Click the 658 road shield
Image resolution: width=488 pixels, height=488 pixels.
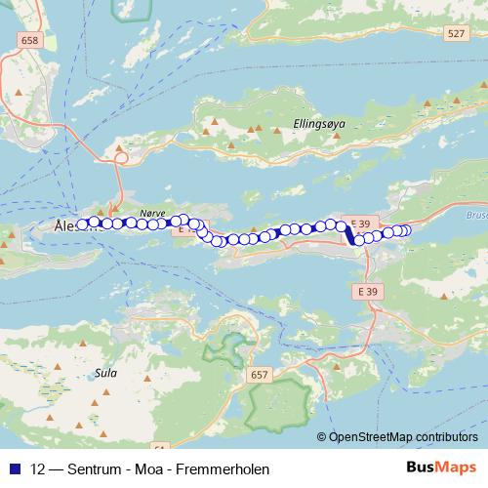pos(28,40)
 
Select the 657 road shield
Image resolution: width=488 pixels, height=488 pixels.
pos(259,374)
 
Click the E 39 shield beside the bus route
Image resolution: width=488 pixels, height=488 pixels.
pos(360,224)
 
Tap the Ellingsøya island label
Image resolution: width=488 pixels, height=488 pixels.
pos(319,124)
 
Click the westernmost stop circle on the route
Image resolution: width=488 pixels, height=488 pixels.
pos(83,223)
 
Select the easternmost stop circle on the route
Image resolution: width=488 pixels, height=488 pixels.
pos(405,230)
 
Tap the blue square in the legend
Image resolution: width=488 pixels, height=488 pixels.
pos(15,467)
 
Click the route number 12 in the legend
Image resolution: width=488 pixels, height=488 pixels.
pos(38,467)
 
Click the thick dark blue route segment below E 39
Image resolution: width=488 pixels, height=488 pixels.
pos(349,234)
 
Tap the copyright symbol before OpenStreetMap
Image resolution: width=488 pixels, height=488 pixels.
pos(322,436)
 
